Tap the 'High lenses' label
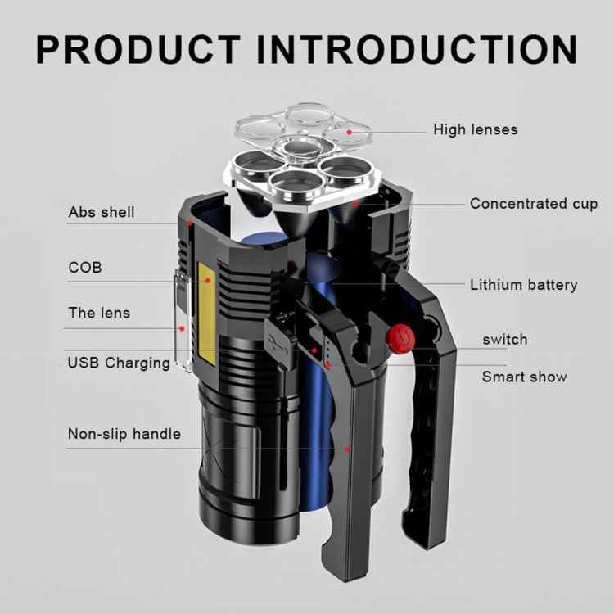(475, 129)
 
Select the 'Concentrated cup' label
(534, 204)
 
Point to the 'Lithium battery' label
(523, 285)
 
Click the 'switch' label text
(504, 339)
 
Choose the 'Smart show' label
(524, 377)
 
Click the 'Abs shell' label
(102, 213)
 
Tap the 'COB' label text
(85, 268)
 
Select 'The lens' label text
(99, 313)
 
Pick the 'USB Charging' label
(119, 363)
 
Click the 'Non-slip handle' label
(124, 434)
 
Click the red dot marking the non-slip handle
(347, 449)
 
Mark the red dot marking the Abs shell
(189, 222)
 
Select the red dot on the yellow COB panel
(208, 281)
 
